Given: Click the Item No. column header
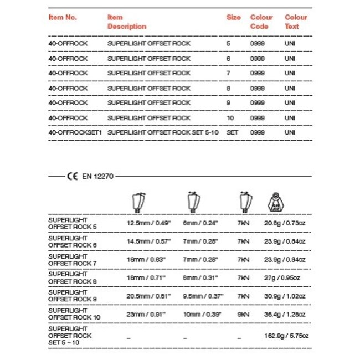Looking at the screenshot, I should click(x=63, y=17).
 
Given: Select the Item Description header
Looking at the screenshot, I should click(x=126, y=22).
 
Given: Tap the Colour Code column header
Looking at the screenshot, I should click(x=261, y=22).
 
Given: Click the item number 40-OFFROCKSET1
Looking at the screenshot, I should click(x=75, y=133).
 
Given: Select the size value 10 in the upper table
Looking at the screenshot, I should click(x=230, y=118).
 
